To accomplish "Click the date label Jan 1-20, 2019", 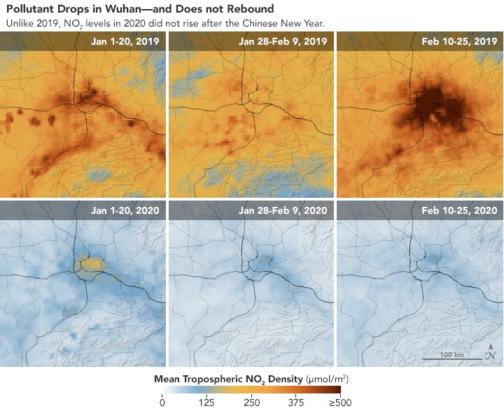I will [125, 41].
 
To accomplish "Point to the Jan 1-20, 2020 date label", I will [125, 210].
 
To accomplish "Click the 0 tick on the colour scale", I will [162, 403].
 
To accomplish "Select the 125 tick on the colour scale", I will [206, 403].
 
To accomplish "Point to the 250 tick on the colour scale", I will [251, 403].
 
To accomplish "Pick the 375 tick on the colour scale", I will [296, 403].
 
